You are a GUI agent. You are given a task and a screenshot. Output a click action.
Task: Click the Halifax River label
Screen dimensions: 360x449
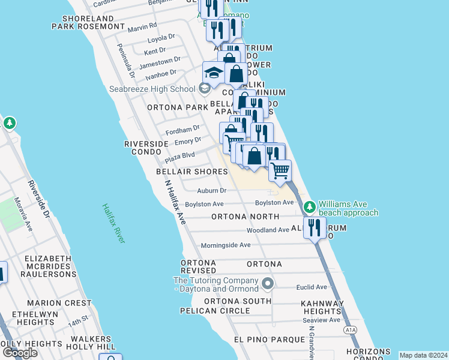pos(112,223)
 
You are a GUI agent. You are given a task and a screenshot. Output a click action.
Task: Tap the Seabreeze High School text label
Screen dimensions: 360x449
pos(152,89)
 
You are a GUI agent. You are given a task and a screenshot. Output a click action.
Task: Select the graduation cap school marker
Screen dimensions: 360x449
pos(213,73)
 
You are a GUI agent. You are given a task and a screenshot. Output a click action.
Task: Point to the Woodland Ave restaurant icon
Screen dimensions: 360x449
pos(314,227)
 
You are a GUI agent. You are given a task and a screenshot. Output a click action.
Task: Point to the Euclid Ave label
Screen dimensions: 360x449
pos(311,287)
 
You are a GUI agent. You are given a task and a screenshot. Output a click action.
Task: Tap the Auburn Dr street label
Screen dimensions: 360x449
pos(212,191)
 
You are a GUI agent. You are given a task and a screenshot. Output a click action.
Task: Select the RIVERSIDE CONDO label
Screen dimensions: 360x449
pos(146,148)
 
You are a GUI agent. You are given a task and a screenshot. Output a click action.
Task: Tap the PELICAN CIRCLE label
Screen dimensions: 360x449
pos(215,311)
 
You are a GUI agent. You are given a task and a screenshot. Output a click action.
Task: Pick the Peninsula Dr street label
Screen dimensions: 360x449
pos(127,60)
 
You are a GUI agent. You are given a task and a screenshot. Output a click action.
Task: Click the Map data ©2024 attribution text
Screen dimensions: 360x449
pos(423,355)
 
